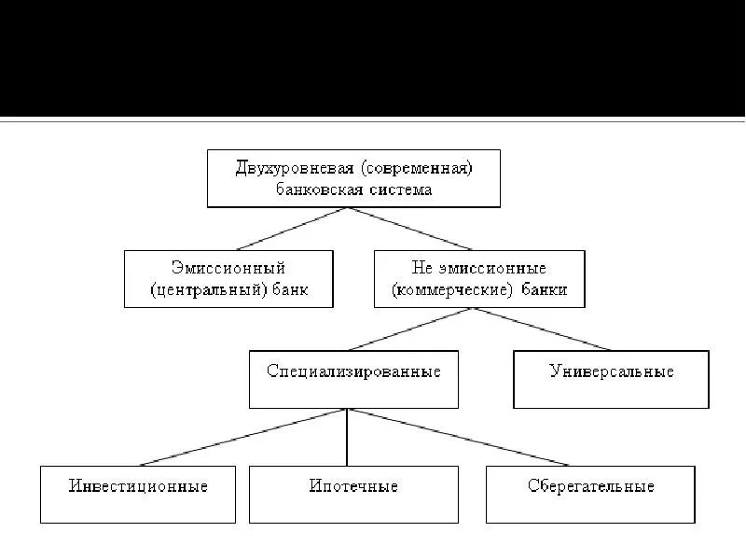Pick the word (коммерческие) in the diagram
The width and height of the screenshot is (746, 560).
pyautogui.click(x=453, y=289)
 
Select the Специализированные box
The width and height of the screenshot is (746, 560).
pyautogui.click(x=353, y=379)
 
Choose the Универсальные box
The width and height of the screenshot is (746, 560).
pyautogui.click(x=611, y=379)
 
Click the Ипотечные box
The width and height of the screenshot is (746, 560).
pyautogui.click(x=353, y=494)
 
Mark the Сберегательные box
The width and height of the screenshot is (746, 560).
pyautogui.click(x=590, y=494)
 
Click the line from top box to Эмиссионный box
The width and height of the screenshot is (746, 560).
pyautogui.click(x=294, y=229)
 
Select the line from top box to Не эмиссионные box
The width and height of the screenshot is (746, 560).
pyautogui.click(x=410, y=229)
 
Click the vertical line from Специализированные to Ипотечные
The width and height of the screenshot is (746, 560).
pyautogui.click(x=347, y=437)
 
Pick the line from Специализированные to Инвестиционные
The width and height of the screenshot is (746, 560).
pyautogui.click(x=242, y=437)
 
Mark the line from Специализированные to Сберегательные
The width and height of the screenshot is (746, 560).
pyautogui.click(x=457, y=437)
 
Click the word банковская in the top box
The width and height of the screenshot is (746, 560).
pyautogui.click(x=322, y=189)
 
